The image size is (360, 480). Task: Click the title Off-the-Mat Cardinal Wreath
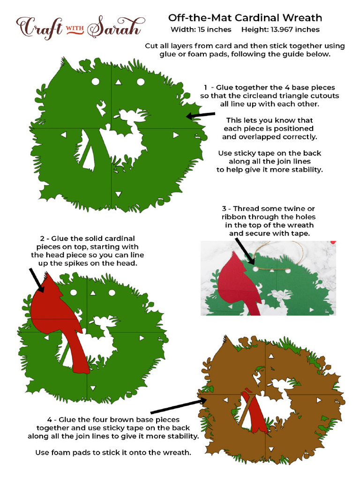point(245,18)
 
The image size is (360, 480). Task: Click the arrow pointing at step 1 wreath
point(200,115)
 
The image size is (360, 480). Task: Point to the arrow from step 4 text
point(178,406)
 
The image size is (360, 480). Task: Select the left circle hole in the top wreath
point(96,82)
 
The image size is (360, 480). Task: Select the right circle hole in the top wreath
point(140,82)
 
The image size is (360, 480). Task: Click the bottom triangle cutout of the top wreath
point(118,193)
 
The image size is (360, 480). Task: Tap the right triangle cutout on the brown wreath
point(319,400)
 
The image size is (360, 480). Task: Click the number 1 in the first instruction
point(205,88)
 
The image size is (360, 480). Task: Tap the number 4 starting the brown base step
point(49,420)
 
